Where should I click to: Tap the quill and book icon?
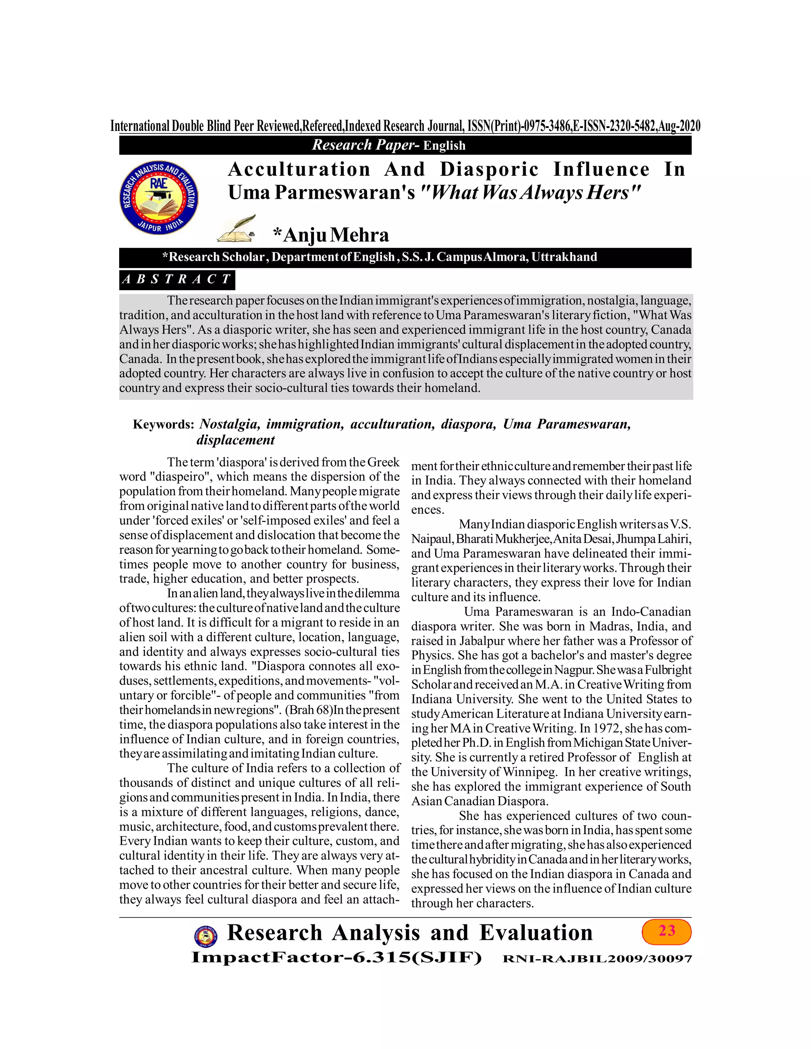(x=236, y=229)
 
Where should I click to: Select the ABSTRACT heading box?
(x=177, y=279)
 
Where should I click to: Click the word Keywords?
(x=163, y=425)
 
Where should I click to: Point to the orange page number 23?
(x=666, y=931)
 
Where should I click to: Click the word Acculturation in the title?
(x=299, y=169)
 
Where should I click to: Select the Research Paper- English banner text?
(x=388, y=145)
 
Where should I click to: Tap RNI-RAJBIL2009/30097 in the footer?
(x=597, y=959)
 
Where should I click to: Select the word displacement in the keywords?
(x=236, y=440)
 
